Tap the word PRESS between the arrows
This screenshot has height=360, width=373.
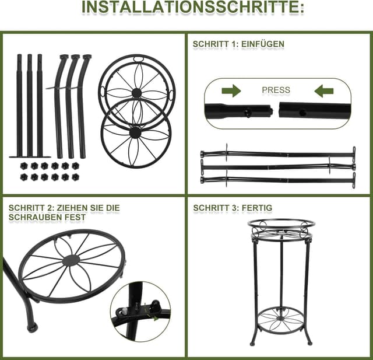click(x=276, y=90)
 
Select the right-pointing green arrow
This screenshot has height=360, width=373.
click(x=231, y=90)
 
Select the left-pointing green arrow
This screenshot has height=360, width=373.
click(x=324, y=90)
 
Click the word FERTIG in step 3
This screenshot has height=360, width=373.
click(x=258, y=208)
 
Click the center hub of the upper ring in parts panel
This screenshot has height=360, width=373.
click(x=136, y=93)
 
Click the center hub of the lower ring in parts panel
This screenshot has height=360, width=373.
click(x=135, y=133)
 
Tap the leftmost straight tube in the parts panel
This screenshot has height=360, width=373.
click(x=19, y=105)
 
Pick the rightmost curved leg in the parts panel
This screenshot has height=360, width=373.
click(x=85, y=105)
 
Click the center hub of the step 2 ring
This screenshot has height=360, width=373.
click(x=71, y=261)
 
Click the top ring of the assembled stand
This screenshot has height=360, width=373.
click(x=280, y=223)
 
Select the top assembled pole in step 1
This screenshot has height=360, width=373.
click(x=278, y=154)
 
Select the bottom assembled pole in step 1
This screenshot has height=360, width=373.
click(x=278, y=180)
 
